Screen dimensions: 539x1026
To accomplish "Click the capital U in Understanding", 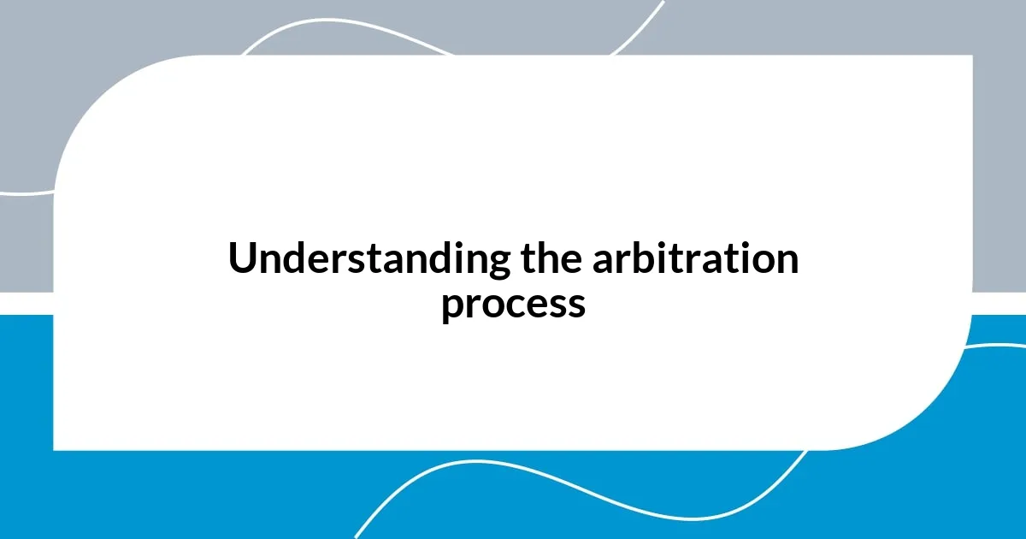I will click(x=241, y=259).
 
